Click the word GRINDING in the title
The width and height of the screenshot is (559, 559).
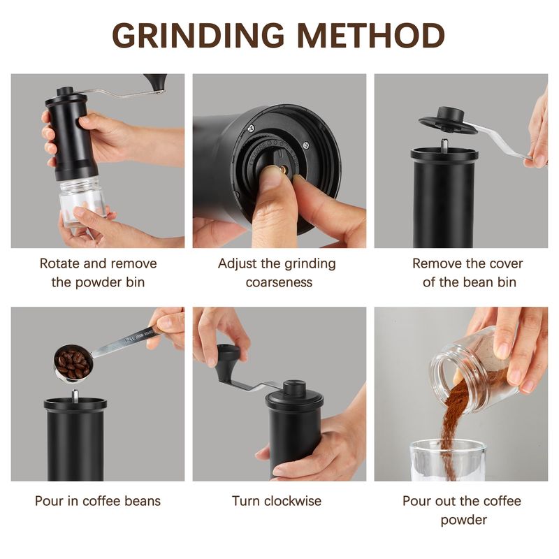[x=198, y=36]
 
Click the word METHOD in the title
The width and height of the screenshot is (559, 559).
[x=371, y=36]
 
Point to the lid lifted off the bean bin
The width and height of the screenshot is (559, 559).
[x=448, y=122]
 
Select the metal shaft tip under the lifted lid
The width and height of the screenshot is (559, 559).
[x=444, y=143]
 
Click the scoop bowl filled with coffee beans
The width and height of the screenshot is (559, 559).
[x=73, y=363]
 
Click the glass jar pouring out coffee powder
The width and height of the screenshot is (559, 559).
[x=474, y=371]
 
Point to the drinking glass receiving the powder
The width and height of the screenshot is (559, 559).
[x=448, y=460]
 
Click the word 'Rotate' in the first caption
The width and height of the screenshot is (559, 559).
[x=59, y=263]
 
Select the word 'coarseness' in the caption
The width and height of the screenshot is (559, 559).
[x=279, y=282]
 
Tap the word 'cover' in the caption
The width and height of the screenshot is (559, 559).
[x=506, y=263]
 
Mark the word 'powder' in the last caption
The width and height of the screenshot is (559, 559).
[x=463, y=520]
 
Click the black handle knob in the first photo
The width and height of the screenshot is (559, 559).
[x=156, y=82]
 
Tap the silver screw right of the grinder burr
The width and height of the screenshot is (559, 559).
[x=306, y=145]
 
